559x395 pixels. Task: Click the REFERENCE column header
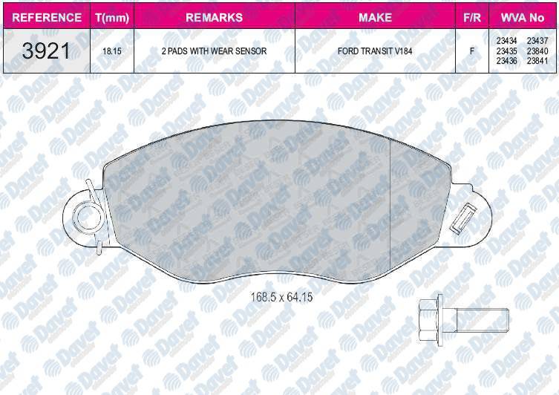(x=47, y=18)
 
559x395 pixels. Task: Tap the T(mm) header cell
(x=112, y=18)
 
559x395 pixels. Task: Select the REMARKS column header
(x=215, y=18)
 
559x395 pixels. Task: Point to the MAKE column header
(x=375, y=18)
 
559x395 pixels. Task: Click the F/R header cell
(x=472, y=18)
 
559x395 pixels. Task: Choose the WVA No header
(x=523, y=18)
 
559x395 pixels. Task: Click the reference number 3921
(x=46, y=50)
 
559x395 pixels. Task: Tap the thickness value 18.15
(x=112, y=51)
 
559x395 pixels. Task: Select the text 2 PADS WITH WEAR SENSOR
(x=214, y=51)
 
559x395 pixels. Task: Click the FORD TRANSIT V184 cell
(x=375, y=51)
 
